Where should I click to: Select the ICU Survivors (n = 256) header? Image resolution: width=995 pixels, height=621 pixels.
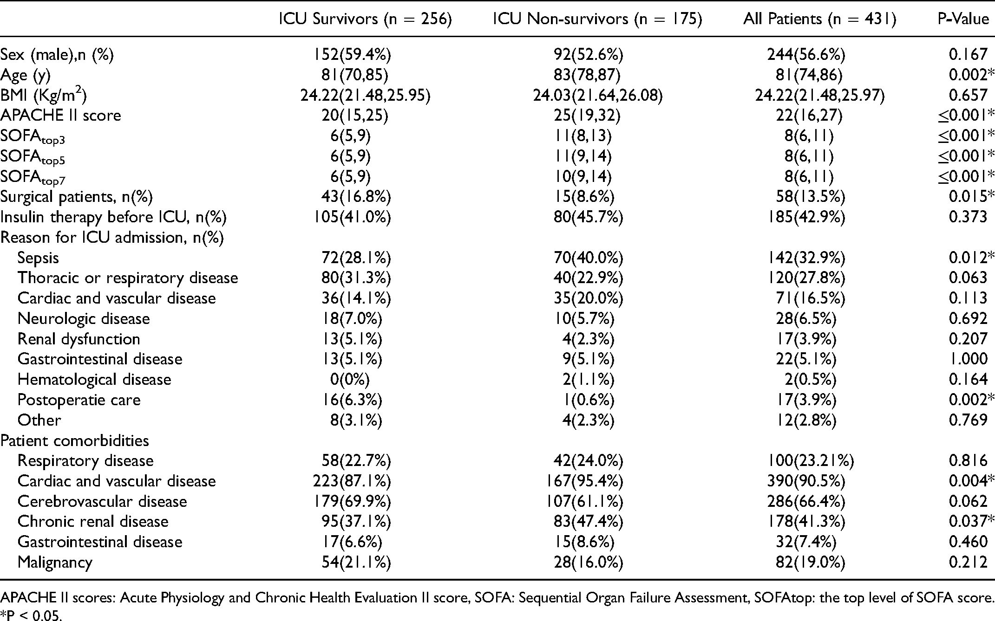tap(365, 19)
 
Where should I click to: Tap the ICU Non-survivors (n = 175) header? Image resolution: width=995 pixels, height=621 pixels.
tap(597, 19)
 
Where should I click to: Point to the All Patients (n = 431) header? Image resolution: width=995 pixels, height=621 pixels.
tap(819, 19)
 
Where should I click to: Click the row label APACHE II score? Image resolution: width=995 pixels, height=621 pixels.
tap(60, 115)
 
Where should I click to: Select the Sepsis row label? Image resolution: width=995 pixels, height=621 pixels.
tap(38, 258)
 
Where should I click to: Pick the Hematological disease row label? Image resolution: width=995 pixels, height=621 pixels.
tap(94, 380)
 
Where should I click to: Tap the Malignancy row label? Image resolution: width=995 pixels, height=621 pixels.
tap(55, 563)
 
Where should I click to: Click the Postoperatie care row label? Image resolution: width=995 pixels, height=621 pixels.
tap(79, 400)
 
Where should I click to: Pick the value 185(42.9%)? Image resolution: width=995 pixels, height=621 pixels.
tap(806, 217)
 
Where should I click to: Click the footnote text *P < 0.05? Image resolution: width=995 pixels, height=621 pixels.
tap(31, 616)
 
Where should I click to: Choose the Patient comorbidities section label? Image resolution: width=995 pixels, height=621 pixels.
tap(75, 440)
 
